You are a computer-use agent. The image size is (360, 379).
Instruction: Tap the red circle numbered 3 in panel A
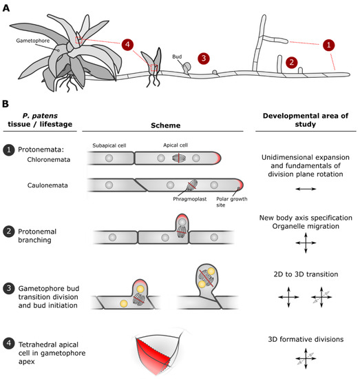pos(203,58)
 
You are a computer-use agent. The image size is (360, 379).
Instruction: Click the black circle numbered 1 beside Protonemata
pos(8,149)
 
